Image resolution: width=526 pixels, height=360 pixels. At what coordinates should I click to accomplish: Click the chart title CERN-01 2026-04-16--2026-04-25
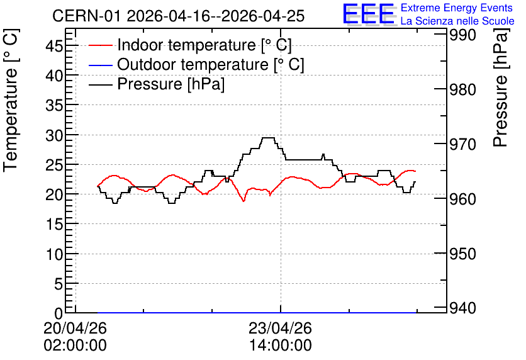(178, 16)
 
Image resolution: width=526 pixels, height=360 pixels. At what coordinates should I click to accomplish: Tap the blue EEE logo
(368, 14)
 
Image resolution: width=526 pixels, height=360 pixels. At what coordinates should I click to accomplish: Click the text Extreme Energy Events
(457, 8)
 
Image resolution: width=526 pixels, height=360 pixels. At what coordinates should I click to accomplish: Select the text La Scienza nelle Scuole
(457, 21)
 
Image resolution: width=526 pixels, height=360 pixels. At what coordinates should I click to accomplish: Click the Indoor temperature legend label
(204, 45)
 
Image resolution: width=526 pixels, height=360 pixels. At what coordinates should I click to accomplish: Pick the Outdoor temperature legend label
(211, 64)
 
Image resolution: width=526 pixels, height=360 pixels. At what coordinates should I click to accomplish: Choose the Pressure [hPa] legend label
(171, 84)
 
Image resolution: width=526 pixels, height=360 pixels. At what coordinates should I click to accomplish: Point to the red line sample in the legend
(100, 45)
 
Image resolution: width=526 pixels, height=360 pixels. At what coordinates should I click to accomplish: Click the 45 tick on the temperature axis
(54, 46)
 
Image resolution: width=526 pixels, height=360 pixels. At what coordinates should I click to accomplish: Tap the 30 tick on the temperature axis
(54, 135)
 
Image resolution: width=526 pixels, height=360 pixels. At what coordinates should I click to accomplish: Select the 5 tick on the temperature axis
(59, 284)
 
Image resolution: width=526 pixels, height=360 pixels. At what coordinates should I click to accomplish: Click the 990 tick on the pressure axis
(462, 35)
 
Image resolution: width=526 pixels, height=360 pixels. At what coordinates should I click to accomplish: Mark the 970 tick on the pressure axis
(462, 144)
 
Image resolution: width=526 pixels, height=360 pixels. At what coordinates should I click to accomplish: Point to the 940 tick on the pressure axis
(462, 308)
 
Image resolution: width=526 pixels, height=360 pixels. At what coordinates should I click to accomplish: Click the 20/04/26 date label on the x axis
(75, 328)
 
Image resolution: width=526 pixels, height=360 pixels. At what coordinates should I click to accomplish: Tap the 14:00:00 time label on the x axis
(281, 346)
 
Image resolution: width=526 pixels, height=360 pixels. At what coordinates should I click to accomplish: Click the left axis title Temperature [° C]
(11, 100)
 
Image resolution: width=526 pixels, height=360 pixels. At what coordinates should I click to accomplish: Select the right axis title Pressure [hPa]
(501, 87)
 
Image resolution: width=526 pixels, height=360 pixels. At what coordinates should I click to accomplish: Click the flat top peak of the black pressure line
(267, 138)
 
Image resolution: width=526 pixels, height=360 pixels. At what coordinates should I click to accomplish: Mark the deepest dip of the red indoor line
(244, 201)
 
